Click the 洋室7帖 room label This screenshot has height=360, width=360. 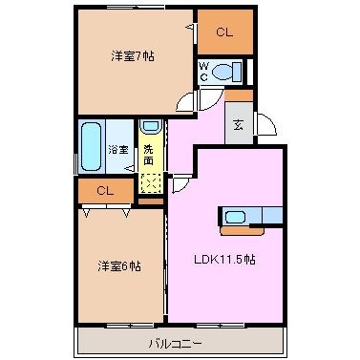[133, 56]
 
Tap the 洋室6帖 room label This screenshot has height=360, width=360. [119, 266]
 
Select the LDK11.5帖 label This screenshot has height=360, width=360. [224, 260]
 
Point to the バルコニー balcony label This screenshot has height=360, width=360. [175, 344]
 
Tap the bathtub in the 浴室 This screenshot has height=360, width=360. [91, 147]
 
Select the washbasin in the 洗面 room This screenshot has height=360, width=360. [151, 126]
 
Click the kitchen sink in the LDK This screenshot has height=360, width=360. [235, 218]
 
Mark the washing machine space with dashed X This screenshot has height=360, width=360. [151, 183]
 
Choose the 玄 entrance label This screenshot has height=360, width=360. [239, 125]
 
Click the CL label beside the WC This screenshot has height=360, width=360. [224, 32]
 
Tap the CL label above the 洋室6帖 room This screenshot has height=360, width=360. [105, 191]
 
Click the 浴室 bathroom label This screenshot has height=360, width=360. [118, 150]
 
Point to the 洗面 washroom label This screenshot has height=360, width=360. [148, 155]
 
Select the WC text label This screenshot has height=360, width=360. [204, 72]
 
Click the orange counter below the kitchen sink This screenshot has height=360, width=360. [242, 231]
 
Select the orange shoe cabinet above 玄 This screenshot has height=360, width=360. [239, 95]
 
